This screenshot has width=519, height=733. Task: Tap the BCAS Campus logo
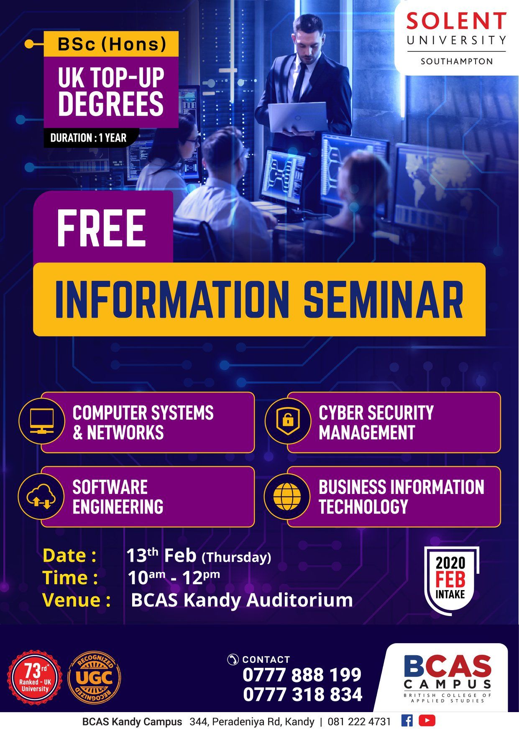(447, 678)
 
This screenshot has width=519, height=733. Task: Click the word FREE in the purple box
(102, 228)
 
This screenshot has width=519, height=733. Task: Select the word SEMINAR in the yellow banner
(383, 300)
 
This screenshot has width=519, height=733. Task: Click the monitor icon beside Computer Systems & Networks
(42, 421)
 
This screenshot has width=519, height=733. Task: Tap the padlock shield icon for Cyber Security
(288, 421)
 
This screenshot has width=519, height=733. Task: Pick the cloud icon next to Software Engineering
(41, 496)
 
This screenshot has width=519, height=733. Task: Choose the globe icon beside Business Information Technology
(287, 496)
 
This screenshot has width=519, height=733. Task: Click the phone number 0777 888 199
(302, 675)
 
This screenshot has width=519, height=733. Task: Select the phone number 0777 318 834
(302, 695)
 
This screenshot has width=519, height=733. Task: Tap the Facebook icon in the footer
(407, 720)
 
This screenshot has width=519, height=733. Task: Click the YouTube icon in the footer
(427, 720)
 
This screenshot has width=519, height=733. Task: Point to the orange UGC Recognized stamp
(95, 677)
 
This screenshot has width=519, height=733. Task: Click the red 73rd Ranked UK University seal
(35, 677)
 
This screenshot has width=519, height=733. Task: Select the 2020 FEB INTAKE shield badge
(450, 579)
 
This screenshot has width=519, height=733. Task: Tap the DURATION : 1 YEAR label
(88, 138)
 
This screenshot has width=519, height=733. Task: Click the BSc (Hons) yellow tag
(111, 44)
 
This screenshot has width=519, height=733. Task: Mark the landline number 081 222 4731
(359, 722)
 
